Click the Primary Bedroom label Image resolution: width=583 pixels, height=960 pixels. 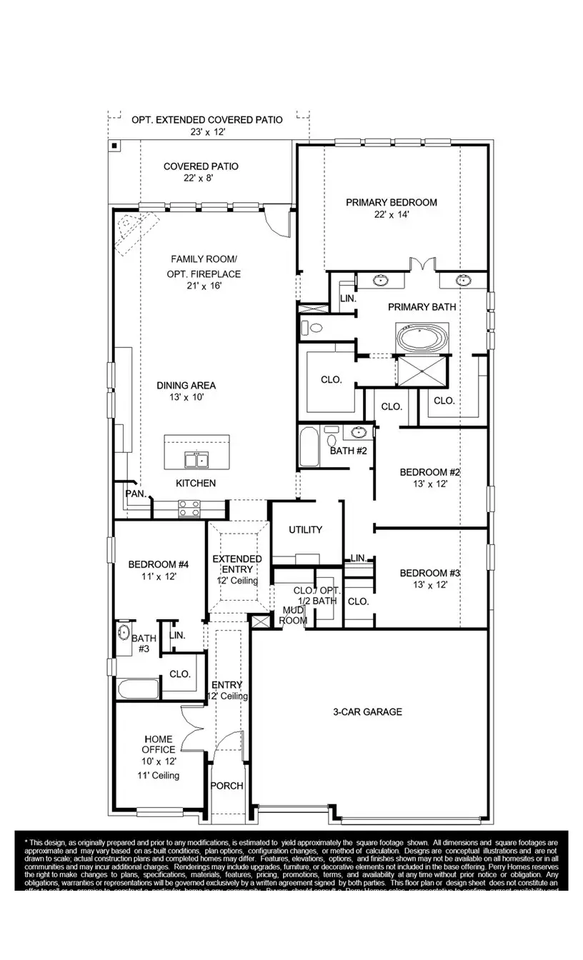click(391, 202)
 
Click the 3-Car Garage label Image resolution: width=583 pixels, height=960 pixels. click(367, 711)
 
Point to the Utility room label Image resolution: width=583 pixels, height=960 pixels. click(305, 529)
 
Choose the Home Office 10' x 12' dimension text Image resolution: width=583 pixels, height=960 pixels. click(159, 761)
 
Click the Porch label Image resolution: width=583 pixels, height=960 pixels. click(226, 786)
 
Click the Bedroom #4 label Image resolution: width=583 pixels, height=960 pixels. click(158, 565)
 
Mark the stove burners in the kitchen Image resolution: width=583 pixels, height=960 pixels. click(189, 508)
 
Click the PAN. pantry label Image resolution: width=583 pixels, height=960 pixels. click(136, 494)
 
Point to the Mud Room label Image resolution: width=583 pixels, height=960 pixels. click(294, 615)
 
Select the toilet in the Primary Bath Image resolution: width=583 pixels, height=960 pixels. click(312, 328)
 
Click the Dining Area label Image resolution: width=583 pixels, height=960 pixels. click(186, 386)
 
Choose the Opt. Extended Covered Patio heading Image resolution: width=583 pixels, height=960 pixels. click(206, 120)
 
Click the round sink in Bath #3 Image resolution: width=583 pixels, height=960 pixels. click(123, 633)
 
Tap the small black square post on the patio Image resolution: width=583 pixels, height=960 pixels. click(114, 146)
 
